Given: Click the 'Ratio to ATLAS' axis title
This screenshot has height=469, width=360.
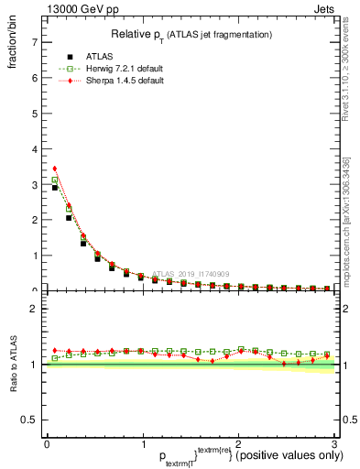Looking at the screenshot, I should pyautogui.click(x=15, y=364).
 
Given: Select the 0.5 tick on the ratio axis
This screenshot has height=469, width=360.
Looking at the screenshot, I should pyautogui.click(x=31, y=420).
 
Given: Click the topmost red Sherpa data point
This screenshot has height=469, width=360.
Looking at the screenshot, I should pyautogui.click(x=55, y=169).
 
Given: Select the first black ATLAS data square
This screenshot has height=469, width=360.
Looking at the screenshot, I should pyautogui.click(x=55, y=188).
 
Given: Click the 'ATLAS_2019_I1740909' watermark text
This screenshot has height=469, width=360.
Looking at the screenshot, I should pyautogui.click(x=193, y=273).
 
